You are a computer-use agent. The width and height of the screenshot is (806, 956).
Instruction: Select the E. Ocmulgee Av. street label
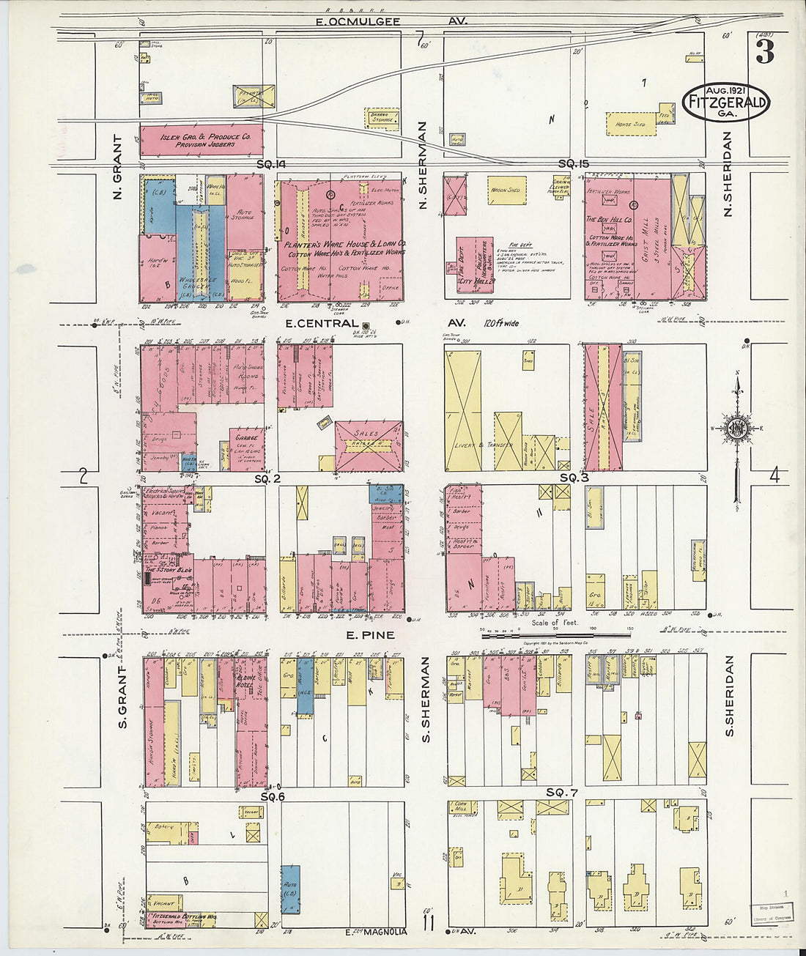[x=358, y=21]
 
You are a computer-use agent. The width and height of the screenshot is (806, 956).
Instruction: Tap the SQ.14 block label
[x=270, y=164]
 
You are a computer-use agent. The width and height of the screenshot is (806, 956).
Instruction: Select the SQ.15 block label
[x=574, y=164]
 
